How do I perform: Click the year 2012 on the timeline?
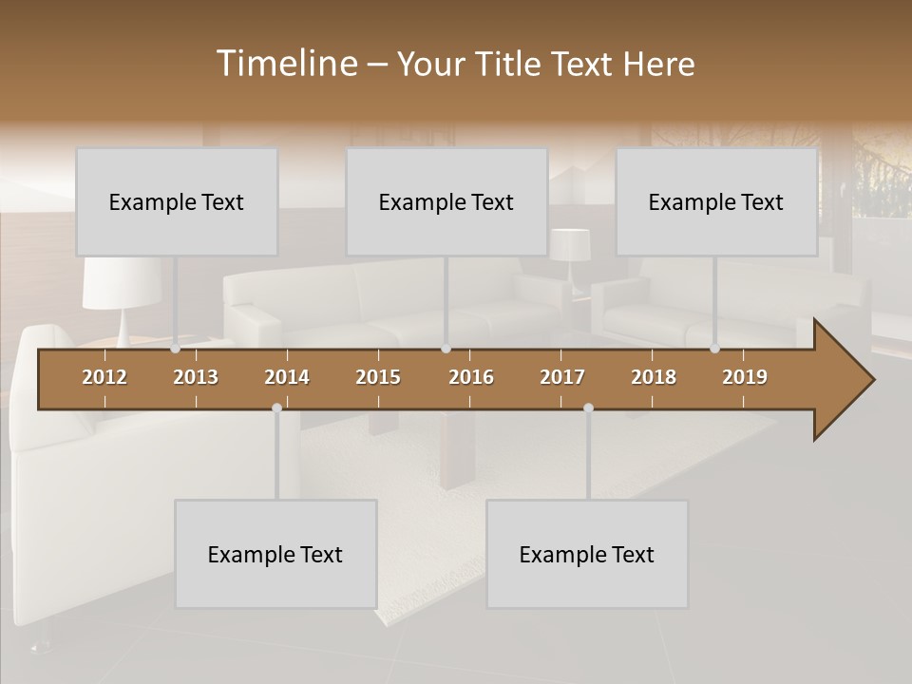coord(104,377)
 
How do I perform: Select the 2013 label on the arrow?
coord(196,377)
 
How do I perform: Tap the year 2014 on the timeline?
coord(287,377)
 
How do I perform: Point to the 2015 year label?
coord(378,377)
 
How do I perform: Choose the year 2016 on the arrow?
coord(471,377)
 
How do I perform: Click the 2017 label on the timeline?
coord(562,377)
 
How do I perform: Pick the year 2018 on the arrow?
coord(654,377)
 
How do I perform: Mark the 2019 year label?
coord(745,377)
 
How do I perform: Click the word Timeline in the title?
coord(286,64)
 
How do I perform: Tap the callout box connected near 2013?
coord(177,201)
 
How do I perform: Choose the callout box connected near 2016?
coord(446,201)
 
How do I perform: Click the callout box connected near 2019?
coord(716,201)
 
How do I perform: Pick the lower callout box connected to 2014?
coord(275,554)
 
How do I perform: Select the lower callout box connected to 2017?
coord(587,554)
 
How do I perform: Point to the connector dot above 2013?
coord(175,349)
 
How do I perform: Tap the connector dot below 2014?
coord(276,408)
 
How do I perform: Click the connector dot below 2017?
coord(588,408)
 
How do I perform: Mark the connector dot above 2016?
coord(446,349)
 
